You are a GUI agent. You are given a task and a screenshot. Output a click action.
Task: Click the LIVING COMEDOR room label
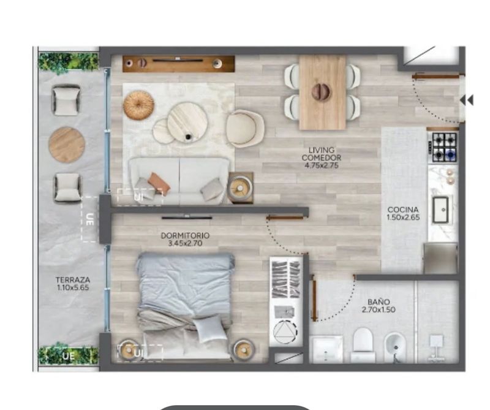pos(321,154)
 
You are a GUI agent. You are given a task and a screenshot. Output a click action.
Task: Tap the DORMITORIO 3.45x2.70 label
pos(185,239)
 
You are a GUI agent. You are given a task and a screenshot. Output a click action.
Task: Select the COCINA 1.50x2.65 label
pos(403,214)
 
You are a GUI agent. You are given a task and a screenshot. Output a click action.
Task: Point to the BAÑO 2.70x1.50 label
pos(379,306)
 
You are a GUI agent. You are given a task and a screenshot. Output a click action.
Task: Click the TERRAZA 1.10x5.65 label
pos(73,283)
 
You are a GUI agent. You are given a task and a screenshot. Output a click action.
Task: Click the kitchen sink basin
pos(440,210)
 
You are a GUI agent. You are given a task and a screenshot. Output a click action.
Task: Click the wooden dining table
pos(323,93)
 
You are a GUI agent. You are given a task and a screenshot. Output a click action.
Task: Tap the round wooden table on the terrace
pos(67,145)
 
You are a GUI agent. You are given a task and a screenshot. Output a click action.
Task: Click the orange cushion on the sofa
pos(159,182)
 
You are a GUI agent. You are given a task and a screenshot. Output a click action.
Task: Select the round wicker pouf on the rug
pos(138,105)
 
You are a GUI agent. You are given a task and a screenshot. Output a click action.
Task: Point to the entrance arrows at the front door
pos(467,101)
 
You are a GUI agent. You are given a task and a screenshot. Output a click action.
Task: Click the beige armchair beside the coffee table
pos(246,128)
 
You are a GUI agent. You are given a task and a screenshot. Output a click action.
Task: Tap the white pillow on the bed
pos(210,328)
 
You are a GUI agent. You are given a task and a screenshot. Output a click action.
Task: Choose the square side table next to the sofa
pos(240,188)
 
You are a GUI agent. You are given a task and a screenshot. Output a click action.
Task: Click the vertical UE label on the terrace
pos(89,219)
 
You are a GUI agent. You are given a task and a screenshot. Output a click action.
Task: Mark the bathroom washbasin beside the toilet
pos(328,349)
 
